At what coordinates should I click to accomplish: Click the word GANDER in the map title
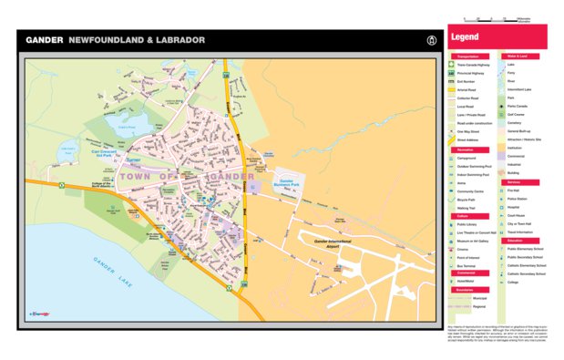click(x=43, y=40)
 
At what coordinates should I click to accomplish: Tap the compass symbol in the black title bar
click(x=430, y=40)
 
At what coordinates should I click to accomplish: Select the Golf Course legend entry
click(x=518, y=114)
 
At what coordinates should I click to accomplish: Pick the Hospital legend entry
click(x=515, y=207)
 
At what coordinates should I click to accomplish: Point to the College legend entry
click(x=513, y=282)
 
